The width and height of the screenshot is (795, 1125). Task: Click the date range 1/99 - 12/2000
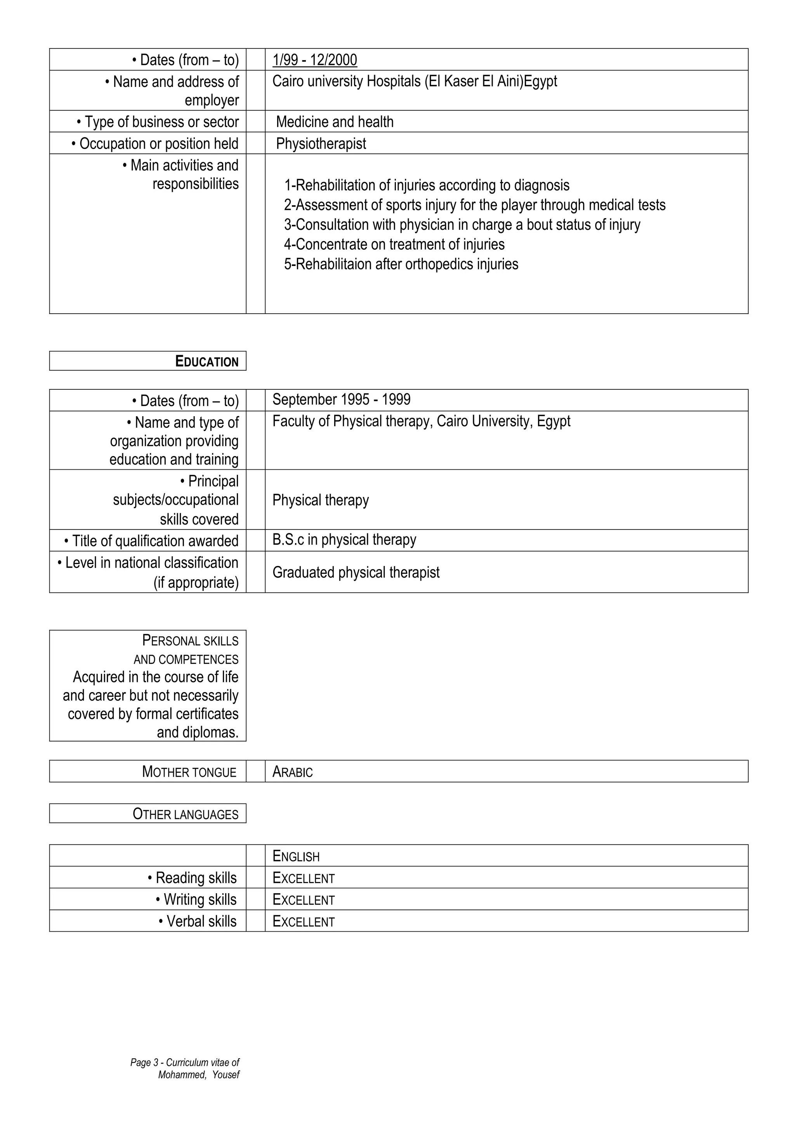tap(314, 60)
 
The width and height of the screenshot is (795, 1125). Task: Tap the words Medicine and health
tap(335, 122)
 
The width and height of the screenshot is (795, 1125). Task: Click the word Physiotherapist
tap(321, 144)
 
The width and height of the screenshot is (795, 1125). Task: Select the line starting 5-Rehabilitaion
tap(401, 264)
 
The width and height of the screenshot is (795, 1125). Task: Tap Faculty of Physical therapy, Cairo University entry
tap(421, 421)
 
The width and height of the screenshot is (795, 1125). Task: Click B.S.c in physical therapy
tap(344, 540)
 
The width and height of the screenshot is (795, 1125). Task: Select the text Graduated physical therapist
tap(356, 572)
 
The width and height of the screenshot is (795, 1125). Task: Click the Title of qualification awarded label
tap(151, 541)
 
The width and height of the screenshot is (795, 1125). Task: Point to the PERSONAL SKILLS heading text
tap(190, 641)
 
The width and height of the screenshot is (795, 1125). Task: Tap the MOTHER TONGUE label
tap(189, 772)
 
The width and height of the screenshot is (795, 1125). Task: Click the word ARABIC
tap(292, 772)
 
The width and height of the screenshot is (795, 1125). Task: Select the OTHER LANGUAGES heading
tap(185, 814)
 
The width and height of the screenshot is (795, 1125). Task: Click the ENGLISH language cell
tap(296, 856)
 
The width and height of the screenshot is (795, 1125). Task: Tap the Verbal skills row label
tap(198, 921)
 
